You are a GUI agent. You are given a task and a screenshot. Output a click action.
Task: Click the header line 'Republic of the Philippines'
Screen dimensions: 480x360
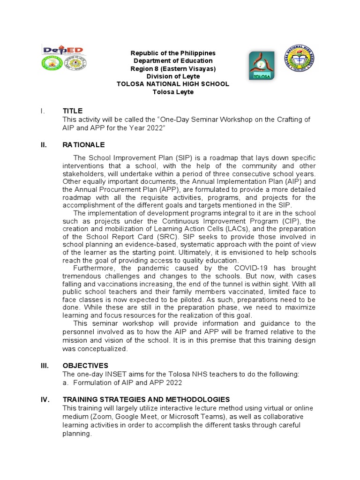173,53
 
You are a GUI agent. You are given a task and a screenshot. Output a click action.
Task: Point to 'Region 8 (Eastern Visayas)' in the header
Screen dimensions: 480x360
173,68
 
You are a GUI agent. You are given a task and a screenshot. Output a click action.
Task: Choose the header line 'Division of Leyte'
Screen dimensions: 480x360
173,76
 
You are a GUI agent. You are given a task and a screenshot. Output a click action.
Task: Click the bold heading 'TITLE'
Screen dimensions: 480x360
73,111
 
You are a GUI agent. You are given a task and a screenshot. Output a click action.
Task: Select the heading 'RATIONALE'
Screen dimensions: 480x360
84,145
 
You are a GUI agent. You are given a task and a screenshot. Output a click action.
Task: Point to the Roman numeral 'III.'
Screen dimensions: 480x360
45,366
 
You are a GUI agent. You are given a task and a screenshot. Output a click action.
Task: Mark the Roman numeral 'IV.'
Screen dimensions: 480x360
45,399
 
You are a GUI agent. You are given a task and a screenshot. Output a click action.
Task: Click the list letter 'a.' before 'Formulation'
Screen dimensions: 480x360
66,382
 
